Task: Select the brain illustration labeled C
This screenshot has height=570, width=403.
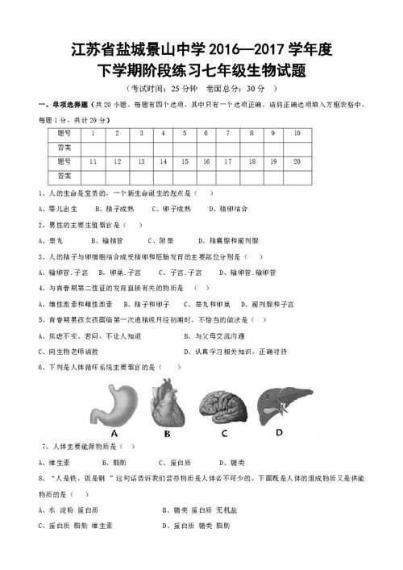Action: click(222, 402)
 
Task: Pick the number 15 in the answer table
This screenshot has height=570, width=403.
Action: click(184, 161)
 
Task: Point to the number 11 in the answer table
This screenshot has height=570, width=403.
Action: click(93, 161)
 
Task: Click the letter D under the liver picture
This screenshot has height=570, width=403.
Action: click(278, 431)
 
